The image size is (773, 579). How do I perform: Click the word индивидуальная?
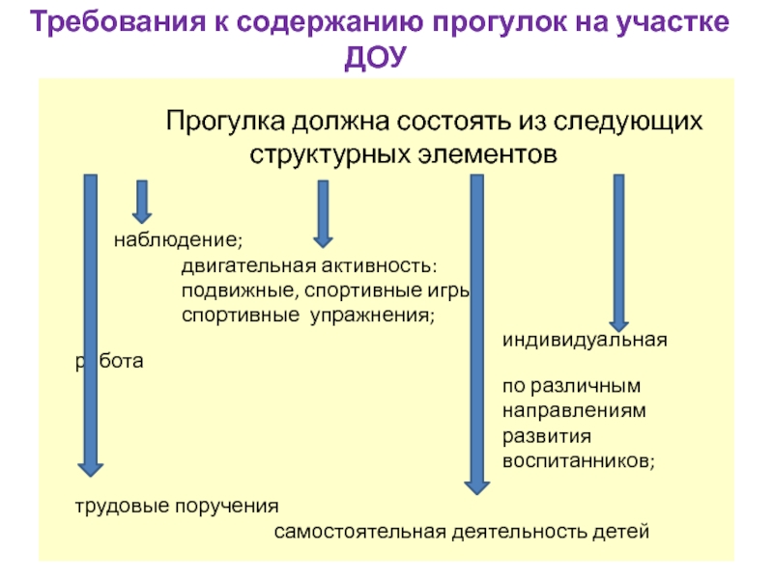point(586,341)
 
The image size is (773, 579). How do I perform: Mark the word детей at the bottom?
point(620,532)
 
